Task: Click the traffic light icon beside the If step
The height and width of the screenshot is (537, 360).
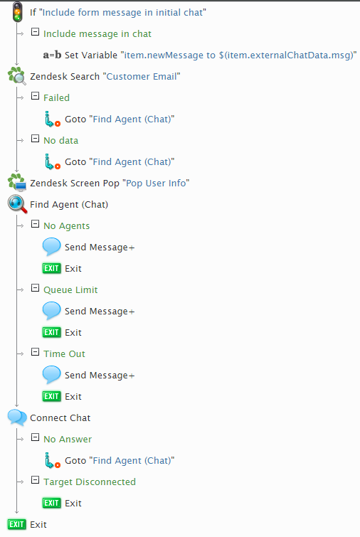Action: coord(17,12)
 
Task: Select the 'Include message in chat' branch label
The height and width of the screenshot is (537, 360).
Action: coord(97,34)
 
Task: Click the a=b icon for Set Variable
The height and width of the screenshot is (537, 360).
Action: coord(52,55)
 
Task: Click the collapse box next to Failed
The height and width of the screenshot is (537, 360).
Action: coord(35,96)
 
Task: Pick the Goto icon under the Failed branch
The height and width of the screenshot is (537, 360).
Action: coord(53,119)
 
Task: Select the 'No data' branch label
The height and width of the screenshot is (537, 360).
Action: coord(61,140)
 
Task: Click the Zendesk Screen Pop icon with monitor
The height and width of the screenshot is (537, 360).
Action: coord(17,182)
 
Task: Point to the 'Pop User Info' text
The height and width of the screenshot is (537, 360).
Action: coord(156,184)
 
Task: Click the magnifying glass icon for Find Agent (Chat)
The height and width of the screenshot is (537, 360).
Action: coord(17,204)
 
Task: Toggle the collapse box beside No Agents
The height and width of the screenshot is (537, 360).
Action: coord(35,224)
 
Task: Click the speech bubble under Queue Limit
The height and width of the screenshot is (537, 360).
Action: coord(52,311)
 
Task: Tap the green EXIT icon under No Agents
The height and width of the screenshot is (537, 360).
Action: coord(52,268)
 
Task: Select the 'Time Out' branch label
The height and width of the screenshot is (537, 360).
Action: coord(65,353)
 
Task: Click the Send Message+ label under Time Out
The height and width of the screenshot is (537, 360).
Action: coord(100,376)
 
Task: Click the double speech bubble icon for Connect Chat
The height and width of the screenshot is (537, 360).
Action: coord(17,418)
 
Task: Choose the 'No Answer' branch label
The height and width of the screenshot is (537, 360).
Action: coord(68,440)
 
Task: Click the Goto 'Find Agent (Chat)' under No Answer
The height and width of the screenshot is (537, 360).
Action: coord(120,461)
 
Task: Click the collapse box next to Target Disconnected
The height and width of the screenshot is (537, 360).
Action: coord(35,480)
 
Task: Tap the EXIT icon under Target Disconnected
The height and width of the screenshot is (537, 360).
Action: coord(52,503)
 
